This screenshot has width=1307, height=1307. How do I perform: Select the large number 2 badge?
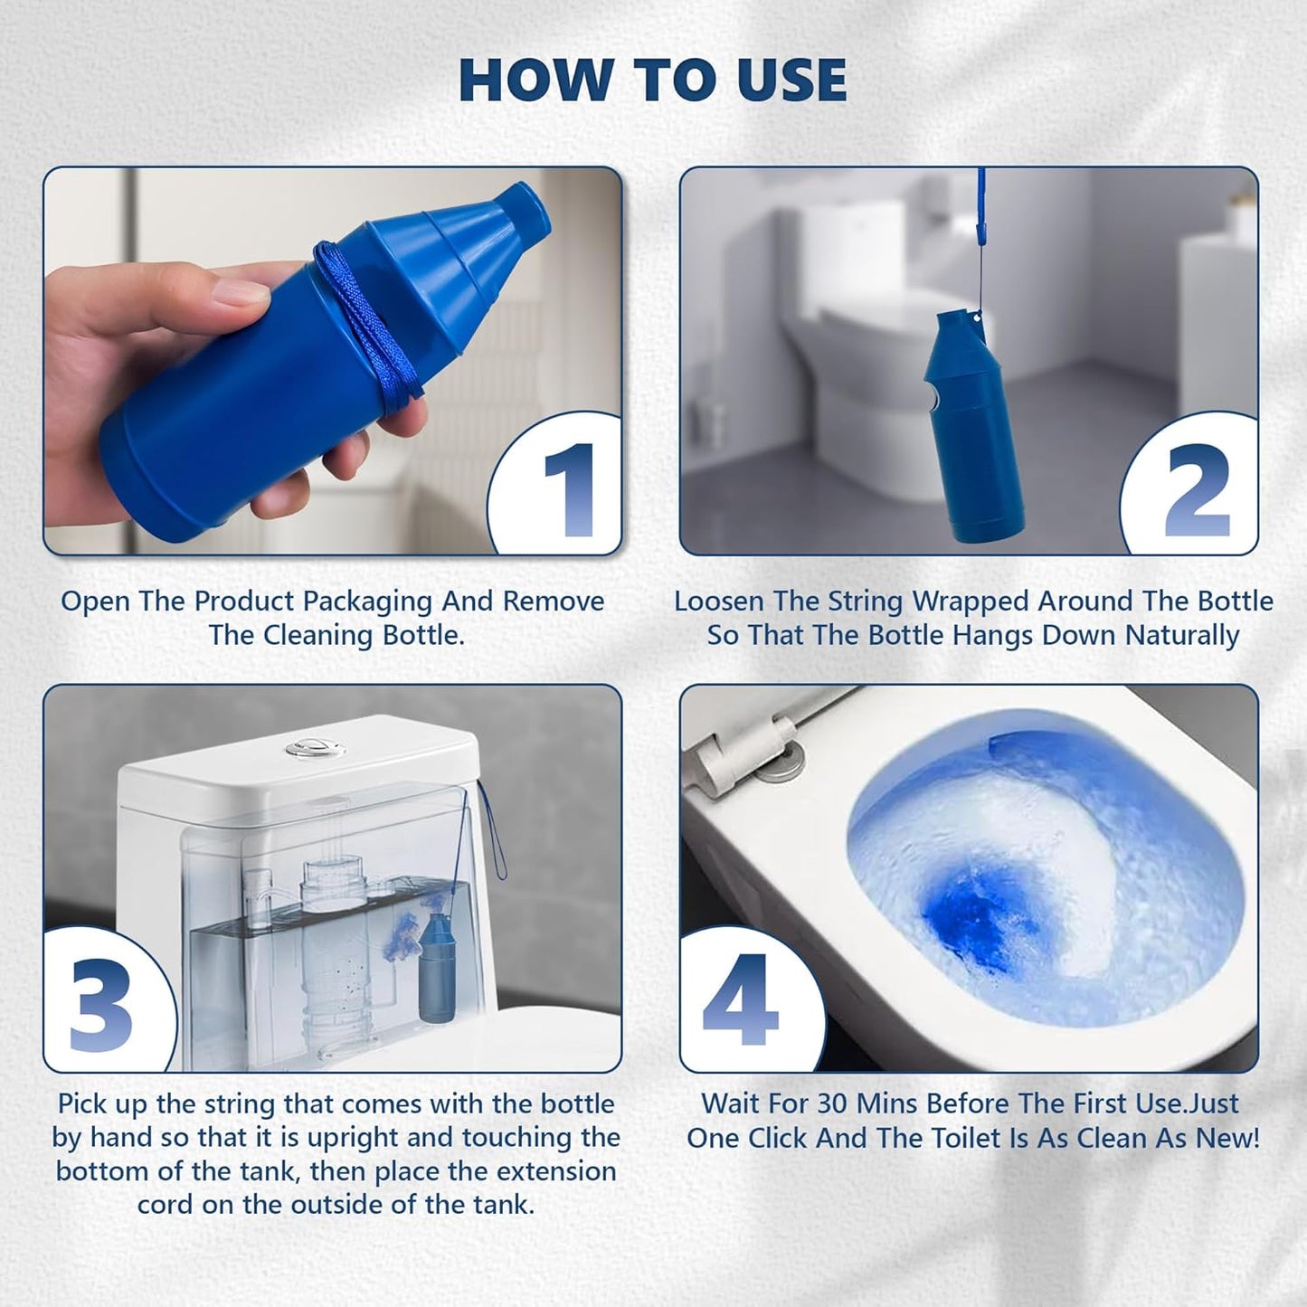1197,491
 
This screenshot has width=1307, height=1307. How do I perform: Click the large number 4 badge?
739,999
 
